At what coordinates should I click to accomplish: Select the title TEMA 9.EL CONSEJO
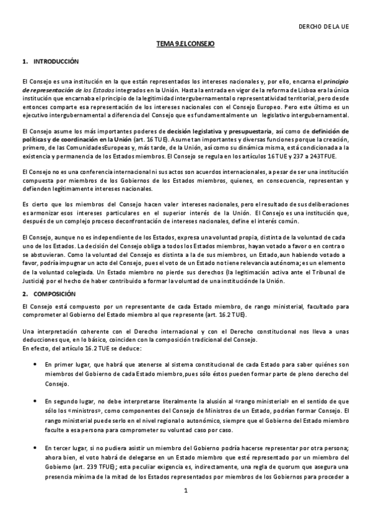tap(185, 46)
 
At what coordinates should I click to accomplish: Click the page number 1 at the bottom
tap(185, 508)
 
